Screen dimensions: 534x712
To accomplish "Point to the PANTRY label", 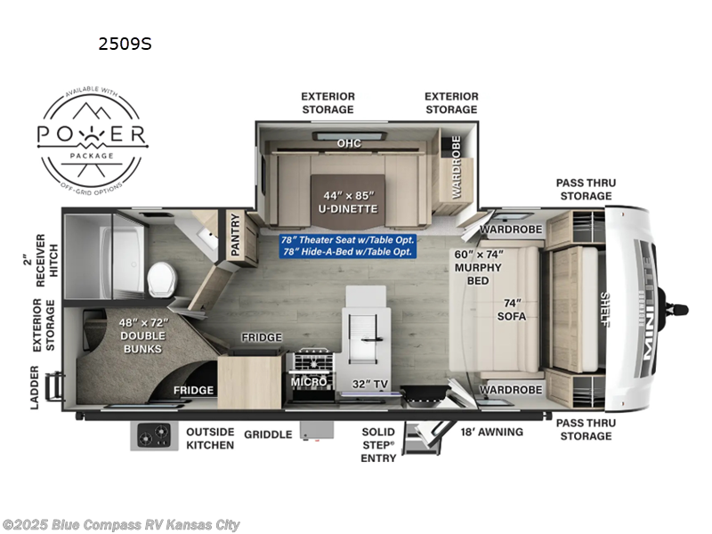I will [x=236, y=237].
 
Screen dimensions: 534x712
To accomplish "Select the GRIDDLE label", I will [x=268, y=434].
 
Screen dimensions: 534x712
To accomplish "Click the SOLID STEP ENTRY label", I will [x=378, y=444].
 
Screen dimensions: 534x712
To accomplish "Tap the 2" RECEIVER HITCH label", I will [x=45, y=254].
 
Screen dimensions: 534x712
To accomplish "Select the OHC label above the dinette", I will [x=349, y=142].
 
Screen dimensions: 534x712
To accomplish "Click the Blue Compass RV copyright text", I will [x=122, y=525].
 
